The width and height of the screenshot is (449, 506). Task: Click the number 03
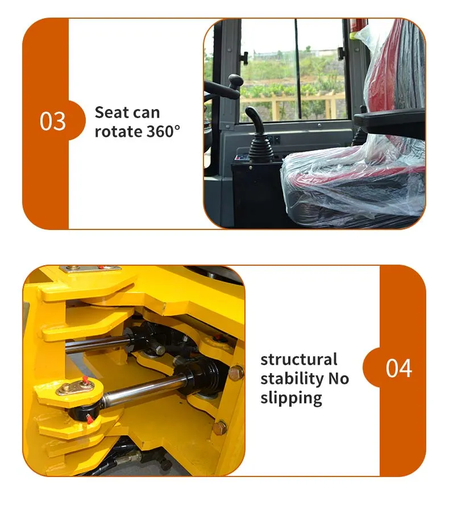point(53,122)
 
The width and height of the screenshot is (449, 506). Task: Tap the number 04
point(399,368)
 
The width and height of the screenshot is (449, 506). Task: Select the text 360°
point(164,131)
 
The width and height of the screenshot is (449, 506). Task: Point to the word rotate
point(118,132)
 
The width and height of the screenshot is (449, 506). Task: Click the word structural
point(299,359)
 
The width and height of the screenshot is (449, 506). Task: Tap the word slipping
point(292,398)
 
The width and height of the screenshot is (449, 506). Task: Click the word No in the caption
point(339,379)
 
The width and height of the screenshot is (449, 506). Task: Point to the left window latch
point(244,58)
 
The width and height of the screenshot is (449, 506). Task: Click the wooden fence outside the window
point(291,103)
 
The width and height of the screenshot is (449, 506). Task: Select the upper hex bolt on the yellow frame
point(236,373)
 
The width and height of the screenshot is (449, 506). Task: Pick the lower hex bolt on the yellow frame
point(220,428)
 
